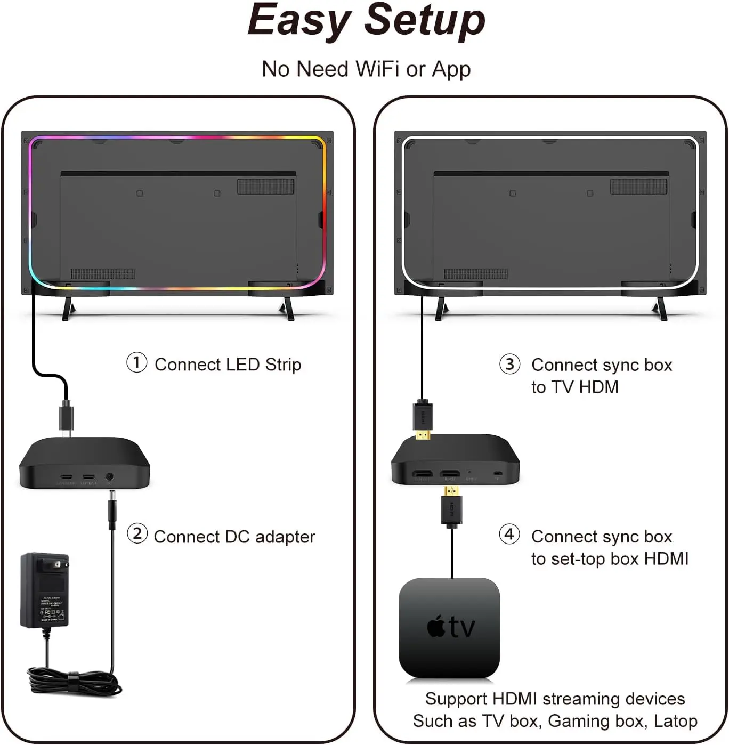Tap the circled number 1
(x=136, y=363)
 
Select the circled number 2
(x=137, y=534)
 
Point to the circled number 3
(x=509, y=364)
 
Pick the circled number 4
(x=509, y=535)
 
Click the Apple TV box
(x=449, y=628)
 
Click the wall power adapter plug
(x=45, y=590)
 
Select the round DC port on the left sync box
(x=109, y=477)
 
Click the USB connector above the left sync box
(x=66, y=418)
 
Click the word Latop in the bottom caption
(x=675, y=721)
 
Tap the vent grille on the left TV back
(x=265, y=187)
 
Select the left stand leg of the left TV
(x=67, y=308)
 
